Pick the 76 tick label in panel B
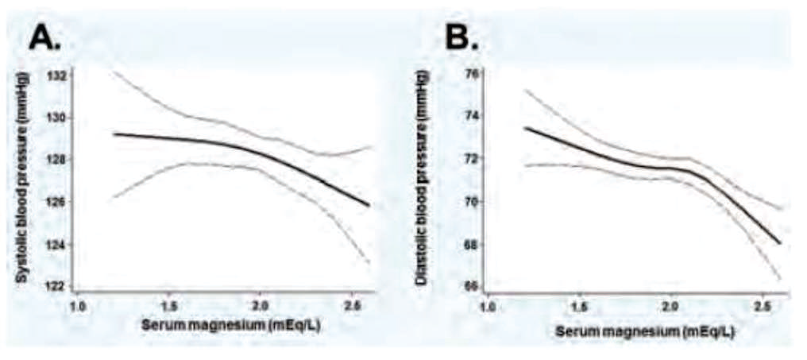pyautogui.click(x=472, y=74)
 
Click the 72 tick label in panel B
pyautogui.click(x=472, y=159)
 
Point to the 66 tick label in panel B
pyautogui.click(x=472, y=286)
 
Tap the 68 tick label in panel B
pyautogui.click(x=472, y=244)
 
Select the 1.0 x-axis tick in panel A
pyautogui.click(x=78, y=306)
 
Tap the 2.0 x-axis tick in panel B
pyautogui.click(x=670, y=306)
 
